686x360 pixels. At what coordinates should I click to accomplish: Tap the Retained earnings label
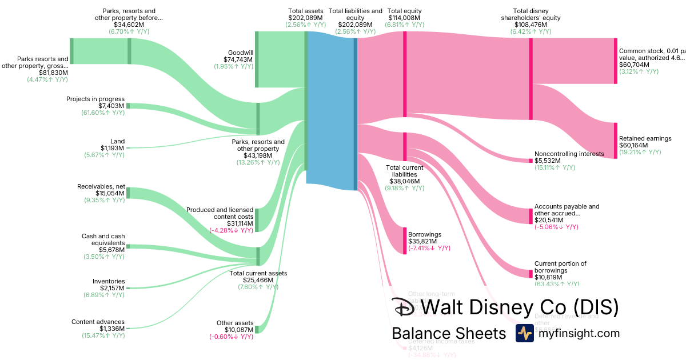click(645, 138)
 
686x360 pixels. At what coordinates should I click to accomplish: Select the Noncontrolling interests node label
click(569, 154)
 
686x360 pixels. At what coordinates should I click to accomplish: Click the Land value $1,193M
click(112, 148)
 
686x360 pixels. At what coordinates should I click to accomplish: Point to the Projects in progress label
click(95, 99)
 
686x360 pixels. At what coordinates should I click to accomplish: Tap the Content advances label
click(98, 322)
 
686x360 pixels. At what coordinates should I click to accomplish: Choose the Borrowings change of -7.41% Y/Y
click(429, 248)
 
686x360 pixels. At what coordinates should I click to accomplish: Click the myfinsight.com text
click(579, 333)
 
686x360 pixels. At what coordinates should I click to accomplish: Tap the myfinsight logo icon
click(524, 333)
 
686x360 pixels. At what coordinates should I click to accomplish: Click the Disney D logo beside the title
click(404, 308)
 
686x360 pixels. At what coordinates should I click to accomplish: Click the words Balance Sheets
click(449, 333)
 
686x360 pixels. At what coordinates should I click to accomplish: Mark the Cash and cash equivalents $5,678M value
click(112, 250)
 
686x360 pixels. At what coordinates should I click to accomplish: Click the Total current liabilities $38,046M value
click(405, 181)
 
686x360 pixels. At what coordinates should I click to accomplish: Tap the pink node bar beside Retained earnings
click(616, 140)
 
